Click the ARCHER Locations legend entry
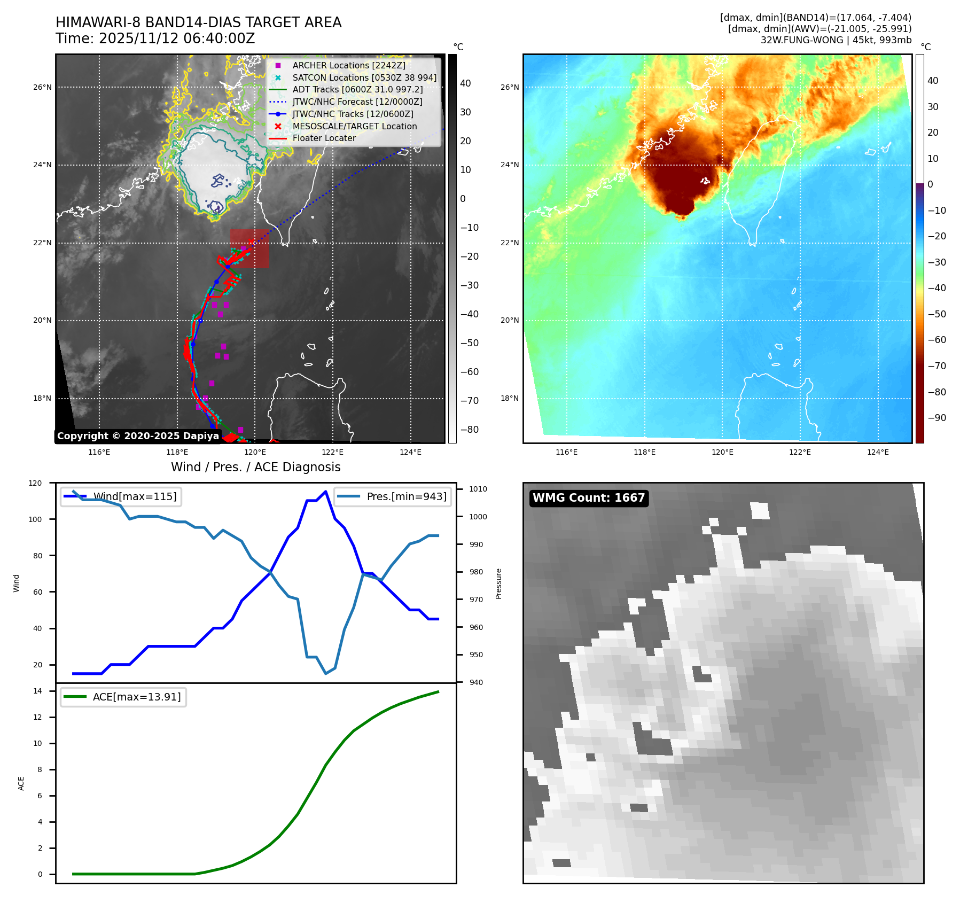click(348, 65)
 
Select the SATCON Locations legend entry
click(364, 77)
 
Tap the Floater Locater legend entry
click(324, 138)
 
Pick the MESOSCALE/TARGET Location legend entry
click(354, 126)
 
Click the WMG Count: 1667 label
click(589, 498)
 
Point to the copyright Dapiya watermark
click(138, 436)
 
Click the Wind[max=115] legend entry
click(135, 496)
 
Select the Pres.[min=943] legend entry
click(406, 496)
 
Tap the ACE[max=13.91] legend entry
click(136, 697)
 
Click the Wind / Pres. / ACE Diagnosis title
click(255, 467)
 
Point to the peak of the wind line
click(326, 491)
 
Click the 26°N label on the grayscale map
click(43, 87)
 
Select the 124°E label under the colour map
click(878, 452)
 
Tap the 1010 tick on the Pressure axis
click(478, 489)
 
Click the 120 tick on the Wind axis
click(35, 483)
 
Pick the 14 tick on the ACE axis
click(37, 691)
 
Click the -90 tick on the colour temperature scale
click(937, 418)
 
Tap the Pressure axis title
click(498, 583)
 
